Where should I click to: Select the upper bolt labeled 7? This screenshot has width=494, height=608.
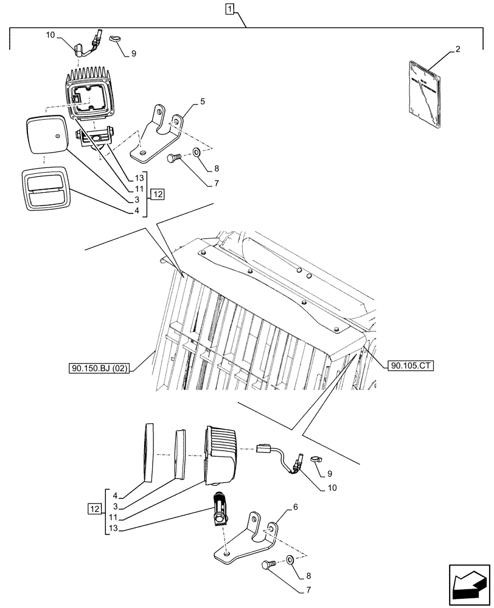click(173, 159)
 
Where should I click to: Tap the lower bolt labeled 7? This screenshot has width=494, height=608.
click(267, 565)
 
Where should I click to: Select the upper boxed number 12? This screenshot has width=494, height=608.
click(158, 195)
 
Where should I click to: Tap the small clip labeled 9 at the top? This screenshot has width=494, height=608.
click(116, 39)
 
